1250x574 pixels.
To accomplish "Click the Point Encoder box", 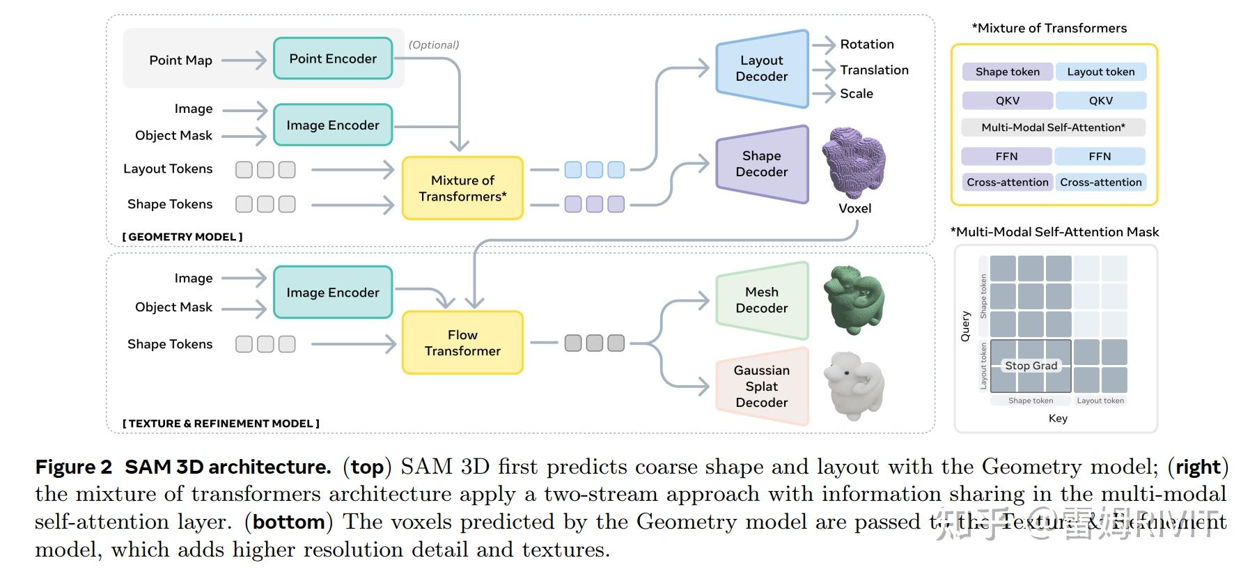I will (333, 59).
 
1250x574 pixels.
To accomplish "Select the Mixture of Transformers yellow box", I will (462, 188).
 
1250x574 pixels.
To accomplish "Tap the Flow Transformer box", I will (462, 343).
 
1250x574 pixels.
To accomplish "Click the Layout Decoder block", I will (761, 68).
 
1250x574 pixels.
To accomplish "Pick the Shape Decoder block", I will (761, 164).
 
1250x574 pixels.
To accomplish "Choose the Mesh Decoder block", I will (761, 300).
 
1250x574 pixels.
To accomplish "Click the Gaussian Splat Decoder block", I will (761, 386).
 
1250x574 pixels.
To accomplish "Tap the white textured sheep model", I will (853, 387).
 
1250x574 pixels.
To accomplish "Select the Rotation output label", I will (866, 44).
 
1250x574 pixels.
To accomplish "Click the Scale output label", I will (856, 93).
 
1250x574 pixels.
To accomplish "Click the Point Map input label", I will (180, 60).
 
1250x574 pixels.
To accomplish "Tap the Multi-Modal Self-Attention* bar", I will (1053, 127).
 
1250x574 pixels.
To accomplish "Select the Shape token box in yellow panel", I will (1007, 72).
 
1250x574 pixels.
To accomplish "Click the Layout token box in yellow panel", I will (1100, 72).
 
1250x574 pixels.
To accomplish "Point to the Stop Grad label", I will (1031, 366).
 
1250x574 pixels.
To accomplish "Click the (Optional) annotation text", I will (433, 45).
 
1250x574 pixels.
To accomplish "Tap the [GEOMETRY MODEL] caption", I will (182, 237).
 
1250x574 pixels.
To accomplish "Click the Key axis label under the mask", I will (1057, 418).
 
